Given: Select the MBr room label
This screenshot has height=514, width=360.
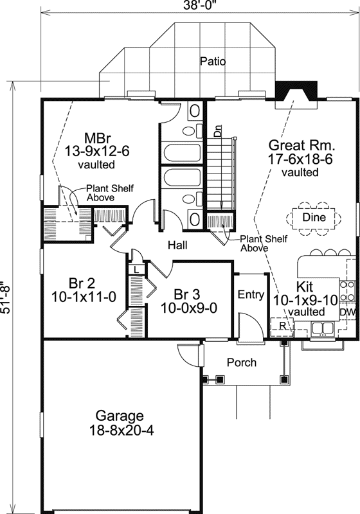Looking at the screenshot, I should click(x=98, y=137).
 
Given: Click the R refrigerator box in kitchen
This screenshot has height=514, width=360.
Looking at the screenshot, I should click(x=281, y=325).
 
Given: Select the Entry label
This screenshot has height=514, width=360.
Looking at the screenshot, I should click(x=251, y=295).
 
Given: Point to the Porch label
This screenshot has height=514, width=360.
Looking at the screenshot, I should click(x=242, y=362).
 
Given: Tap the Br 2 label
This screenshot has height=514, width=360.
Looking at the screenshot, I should click(x=82, y=283).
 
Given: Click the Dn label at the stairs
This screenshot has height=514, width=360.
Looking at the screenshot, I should click(x=218, y=133).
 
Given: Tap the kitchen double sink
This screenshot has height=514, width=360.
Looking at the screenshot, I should click(x=321, y=330).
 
